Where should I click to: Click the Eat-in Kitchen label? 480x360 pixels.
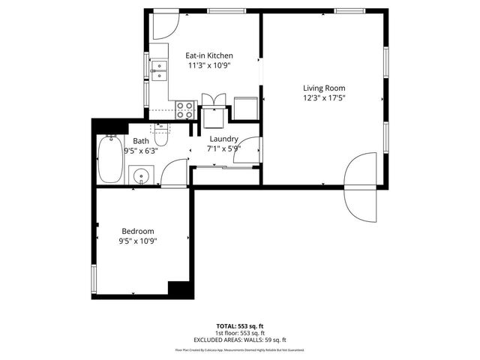[209, 55]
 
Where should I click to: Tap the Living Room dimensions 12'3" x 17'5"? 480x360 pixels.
[323, 97]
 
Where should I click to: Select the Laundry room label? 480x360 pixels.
[223, 139]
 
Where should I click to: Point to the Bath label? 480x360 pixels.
[141, 141]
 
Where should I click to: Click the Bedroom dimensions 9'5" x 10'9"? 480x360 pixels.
[137, 241]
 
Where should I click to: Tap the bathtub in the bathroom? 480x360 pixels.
[109, 159]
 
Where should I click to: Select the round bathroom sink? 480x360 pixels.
[139, 177]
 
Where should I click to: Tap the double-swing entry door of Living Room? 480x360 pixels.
[360, 184]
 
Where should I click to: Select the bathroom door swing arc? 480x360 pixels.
[174, 174]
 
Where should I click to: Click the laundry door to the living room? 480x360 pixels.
[252, 150]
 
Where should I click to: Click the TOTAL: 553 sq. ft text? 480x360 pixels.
[240, 325]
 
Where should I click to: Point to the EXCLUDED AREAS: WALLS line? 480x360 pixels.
[240, 337]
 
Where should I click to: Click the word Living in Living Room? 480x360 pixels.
[313, 88]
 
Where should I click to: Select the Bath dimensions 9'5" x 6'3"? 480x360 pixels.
[141, 150]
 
